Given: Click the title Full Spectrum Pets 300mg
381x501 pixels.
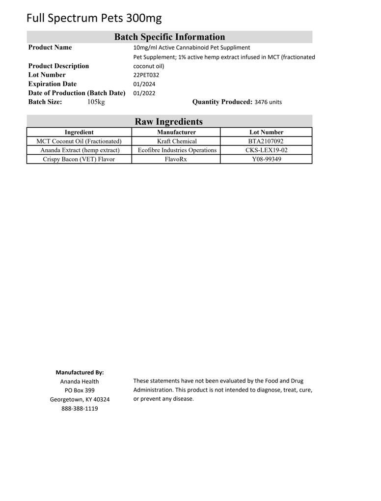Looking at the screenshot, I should coord(94,18).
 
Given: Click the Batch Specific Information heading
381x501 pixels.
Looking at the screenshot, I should coord(169,37).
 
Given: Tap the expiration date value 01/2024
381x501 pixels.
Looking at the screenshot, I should coord(144,84).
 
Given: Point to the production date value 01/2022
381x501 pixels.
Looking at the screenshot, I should coord(144,93).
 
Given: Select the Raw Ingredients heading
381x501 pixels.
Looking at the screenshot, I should coord(169,121).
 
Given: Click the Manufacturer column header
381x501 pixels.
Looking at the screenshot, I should coord(176,132).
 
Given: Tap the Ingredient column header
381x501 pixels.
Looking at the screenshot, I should coord(79,132).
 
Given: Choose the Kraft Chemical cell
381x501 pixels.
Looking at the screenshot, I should coord(176,141).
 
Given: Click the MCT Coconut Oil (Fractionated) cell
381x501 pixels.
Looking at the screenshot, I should coord(79,141).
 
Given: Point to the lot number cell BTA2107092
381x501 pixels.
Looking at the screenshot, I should coord(266,141).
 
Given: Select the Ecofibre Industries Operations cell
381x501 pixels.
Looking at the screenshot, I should coord(176,150).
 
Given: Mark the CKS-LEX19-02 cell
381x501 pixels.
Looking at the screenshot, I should coord(266,150).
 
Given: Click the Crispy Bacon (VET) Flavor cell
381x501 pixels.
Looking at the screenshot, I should coord(79,159).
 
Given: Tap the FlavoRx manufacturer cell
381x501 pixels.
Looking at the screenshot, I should coord(176,159).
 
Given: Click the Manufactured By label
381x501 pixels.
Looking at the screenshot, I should coord(80,372).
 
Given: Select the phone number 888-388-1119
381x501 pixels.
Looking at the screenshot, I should coord(80,408).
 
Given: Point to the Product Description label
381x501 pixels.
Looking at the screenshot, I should coord(59,66).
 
